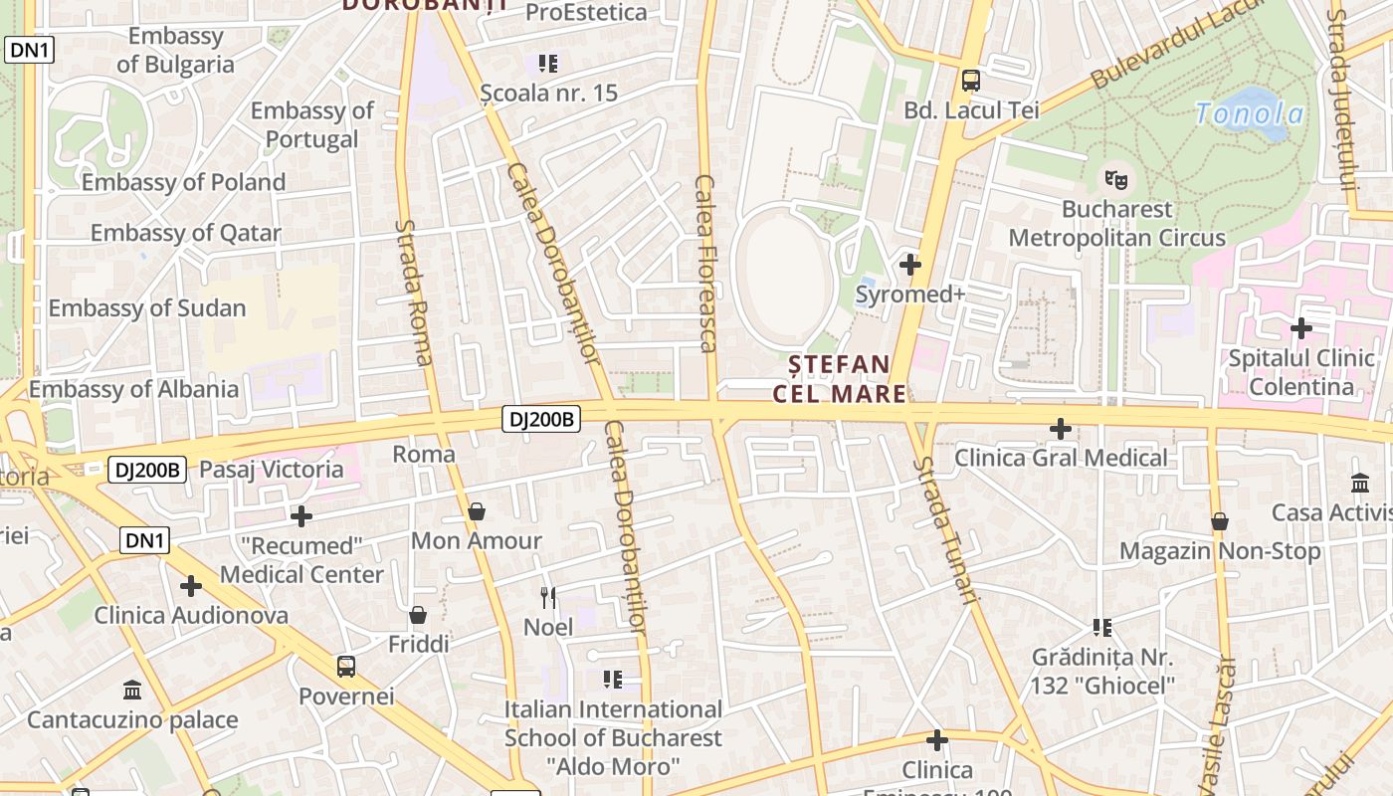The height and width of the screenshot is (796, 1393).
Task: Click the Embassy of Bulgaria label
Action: tap(175, 51)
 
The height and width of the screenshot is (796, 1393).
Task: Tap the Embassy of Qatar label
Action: tap(185, 234)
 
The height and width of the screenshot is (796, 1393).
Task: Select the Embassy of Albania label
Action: tap(133, 389)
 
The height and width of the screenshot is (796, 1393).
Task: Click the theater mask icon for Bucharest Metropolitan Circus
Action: tap(1116, 180)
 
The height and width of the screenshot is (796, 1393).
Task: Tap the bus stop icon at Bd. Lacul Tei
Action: tap(970, 81)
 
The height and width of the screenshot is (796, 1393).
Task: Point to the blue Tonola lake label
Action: tap(1249, 113)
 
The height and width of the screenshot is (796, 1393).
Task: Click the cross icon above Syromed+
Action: tap(909, 265)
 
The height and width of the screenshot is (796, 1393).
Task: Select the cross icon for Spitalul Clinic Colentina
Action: tap(1300, 328)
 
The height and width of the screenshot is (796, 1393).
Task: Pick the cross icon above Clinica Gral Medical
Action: tap(1061, 429)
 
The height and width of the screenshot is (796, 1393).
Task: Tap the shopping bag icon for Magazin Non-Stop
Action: tap(1219, 521)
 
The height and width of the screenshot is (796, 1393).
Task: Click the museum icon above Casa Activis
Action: tap(1360, 483)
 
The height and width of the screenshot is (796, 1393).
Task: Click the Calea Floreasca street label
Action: tap(705, 264)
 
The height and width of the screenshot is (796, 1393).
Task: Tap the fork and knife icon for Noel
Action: tap(547, 597)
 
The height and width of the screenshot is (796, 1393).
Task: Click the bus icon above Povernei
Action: tap(345, 666)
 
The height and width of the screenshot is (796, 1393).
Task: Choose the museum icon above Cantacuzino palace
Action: tap(131, 690)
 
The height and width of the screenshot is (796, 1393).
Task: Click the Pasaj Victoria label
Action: tap(271, 470)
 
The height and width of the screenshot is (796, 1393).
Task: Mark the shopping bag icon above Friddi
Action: tap(418, 615)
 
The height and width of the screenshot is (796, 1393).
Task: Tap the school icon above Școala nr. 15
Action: tap(547, 64)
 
